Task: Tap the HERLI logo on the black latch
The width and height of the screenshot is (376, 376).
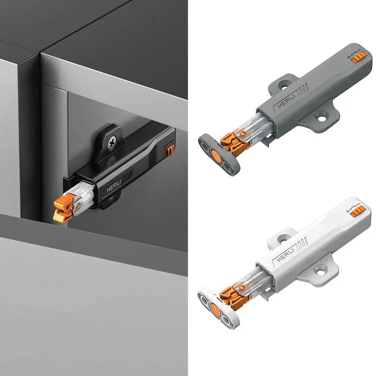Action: point(113,186)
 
